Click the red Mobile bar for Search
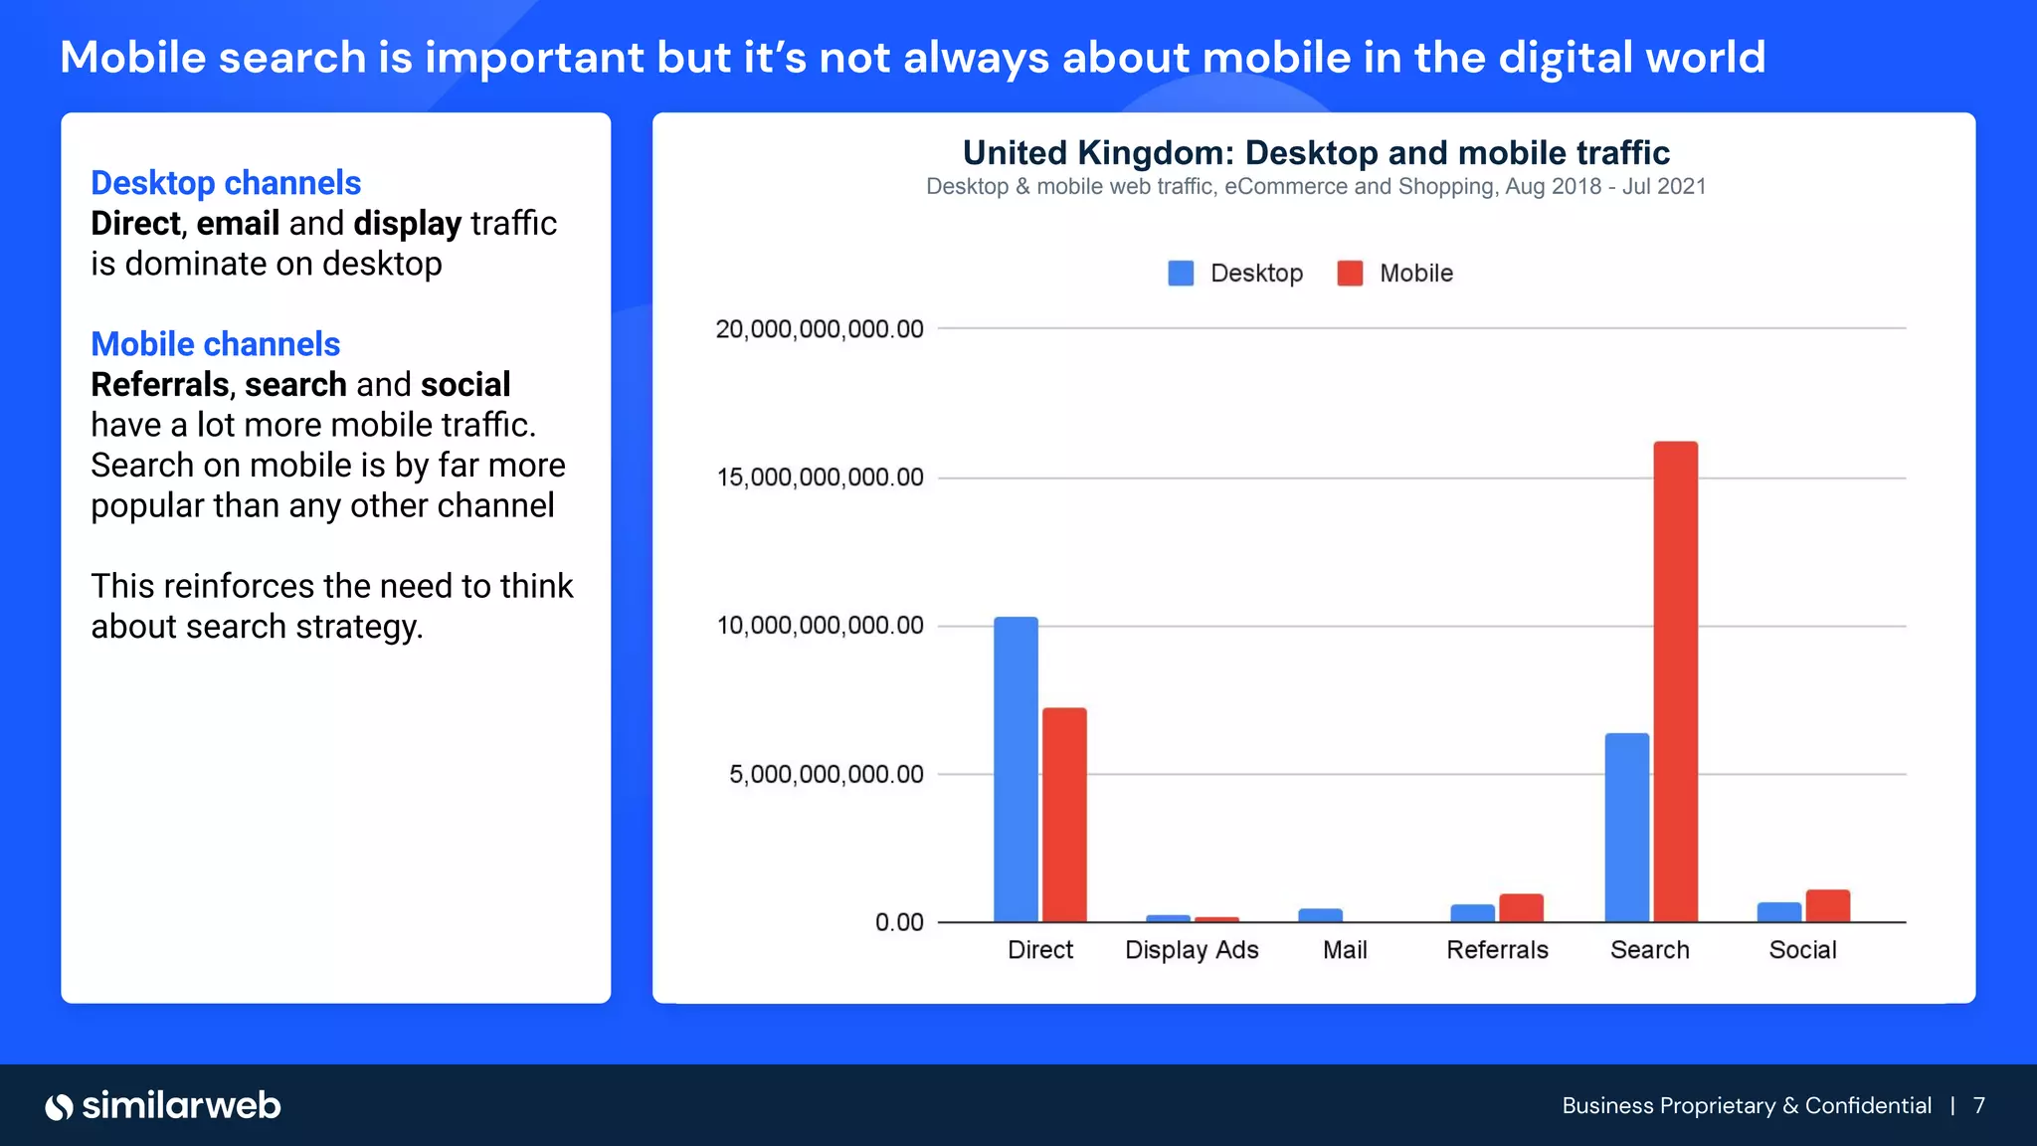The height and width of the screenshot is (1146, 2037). [1675, 681]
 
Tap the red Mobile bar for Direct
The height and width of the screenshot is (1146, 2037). [1064, 815]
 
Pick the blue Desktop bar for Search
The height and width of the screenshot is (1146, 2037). [1626, 828]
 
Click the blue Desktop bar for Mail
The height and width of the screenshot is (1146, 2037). [1320, 915]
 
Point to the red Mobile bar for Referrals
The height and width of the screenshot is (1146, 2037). [1521, 907]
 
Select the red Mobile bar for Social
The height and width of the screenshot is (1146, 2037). [1827, 905]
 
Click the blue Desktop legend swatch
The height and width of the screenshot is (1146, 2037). [1181, 274]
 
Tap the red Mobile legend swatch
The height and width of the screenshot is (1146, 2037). [1350, 274]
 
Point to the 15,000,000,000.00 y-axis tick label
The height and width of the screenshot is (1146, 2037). [820, 477]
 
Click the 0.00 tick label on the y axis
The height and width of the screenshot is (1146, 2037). [899, 922]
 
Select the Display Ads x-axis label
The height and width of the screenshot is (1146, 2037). [1192, 950]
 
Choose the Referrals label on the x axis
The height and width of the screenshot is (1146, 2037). [1497, 950]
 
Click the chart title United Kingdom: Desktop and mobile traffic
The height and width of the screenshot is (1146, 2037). [1315, 153]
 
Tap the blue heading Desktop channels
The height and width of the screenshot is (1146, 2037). [226, 183]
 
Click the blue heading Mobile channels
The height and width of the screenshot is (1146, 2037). [215, 344]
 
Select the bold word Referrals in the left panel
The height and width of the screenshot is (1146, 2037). [160, 385]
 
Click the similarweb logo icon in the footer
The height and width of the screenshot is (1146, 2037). [59, 1106]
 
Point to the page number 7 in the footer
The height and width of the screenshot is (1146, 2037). [1979, 1106]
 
